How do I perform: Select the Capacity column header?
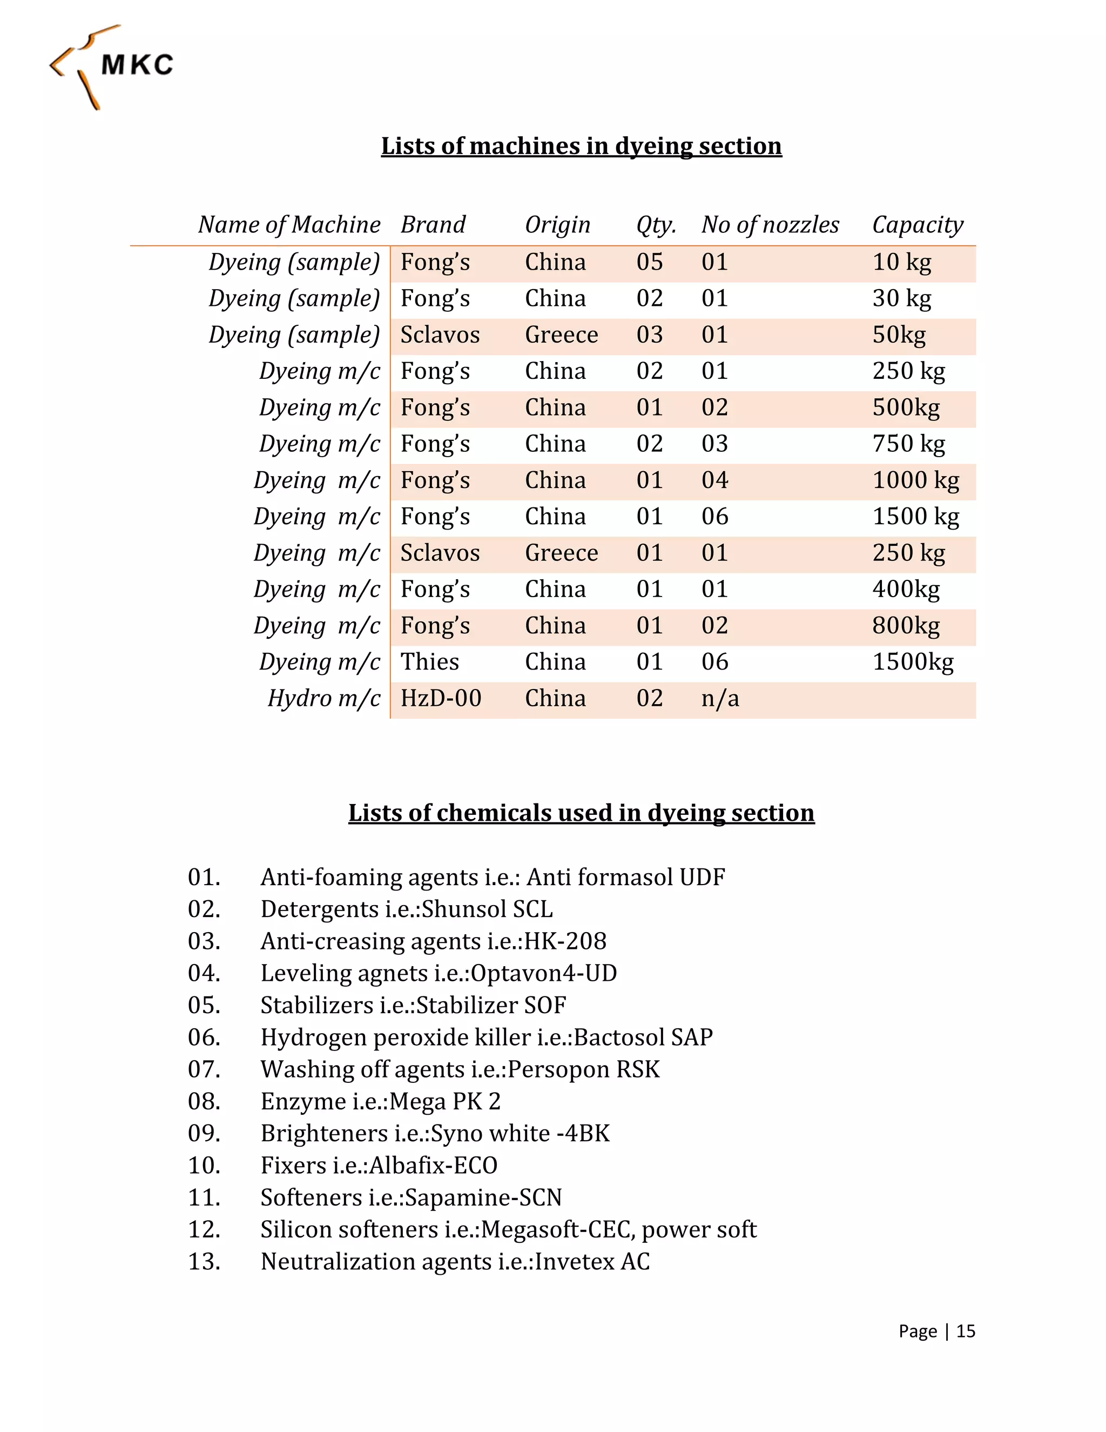tap(918, 225)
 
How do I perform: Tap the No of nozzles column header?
tap(770, 225)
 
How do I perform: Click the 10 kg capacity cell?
tap(901, 262)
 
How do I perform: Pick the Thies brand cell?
tap(430, 661)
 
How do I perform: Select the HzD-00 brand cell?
tap(441, 698)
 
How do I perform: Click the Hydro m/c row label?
tap(323, 698)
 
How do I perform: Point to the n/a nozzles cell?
tap(720, 698)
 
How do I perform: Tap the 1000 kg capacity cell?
tap(915, 480)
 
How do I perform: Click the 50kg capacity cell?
tap(899, 335)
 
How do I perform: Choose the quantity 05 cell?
tap(649, 262)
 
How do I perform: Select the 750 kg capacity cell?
tap(908, 444)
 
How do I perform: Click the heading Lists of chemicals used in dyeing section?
tap(581, 813)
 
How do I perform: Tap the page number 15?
tap(965, 1331)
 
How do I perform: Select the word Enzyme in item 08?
tap(303, 1101)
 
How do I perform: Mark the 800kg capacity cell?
tap(906, 626)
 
